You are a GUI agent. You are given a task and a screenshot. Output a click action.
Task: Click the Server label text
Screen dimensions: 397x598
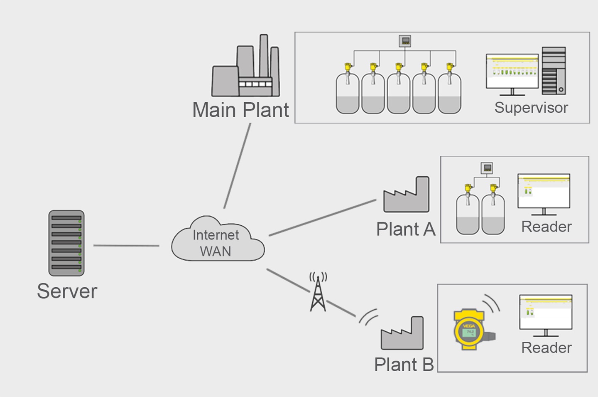pyautogui.click(x=67, y=291)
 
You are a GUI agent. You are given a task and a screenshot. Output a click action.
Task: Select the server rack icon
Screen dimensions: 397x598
pyautogui.click(x=66, y=243)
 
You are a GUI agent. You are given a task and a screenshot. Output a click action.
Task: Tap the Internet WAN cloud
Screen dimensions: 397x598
pyautogui.click(x=217, y=241)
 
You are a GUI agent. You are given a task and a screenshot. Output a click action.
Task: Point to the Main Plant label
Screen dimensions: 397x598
pyautogui.click(x=240, y=110)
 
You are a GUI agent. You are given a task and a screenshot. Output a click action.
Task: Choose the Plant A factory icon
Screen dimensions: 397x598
pyautogui.click(x=406, y=195)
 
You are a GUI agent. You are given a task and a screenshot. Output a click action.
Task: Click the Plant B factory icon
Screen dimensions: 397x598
pyautogui.click(x=402, y=334)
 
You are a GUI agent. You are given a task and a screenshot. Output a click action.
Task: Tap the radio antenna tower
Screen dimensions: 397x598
pyautogui.click(x=318, y=293)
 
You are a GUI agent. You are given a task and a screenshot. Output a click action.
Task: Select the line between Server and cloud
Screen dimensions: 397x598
pyautogui.click(x=126, y=246)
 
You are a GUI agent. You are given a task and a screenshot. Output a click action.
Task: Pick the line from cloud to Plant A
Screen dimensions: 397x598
pyautogui.click(x=322, y=218)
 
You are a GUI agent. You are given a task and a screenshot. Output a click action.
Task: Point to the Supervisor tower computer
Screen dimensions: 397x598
pyautogui.click(x=554, y=71)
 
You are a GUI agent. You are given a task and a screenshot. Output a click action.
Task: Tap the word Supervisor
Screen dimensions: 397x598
pyautogui.click(x=531, y=108)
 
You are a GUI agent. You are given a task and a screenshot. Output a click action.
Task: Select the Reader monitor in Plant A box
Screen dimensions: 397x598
pyautogui.click(x=544, y=192)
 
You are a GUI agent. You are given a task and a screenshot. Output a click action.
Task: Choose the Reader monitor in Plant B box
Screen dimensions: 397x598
pyautogui.click(x=546, y=313)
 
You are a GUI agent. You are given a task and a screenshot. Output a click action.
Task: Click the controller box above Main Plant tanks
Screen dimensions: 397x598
pyautogui.click(x=405, y=41)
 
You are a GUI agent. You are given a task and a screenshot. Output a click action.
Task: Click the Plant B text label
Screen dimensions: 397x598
pyautogui.click(x=404, y=365)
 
